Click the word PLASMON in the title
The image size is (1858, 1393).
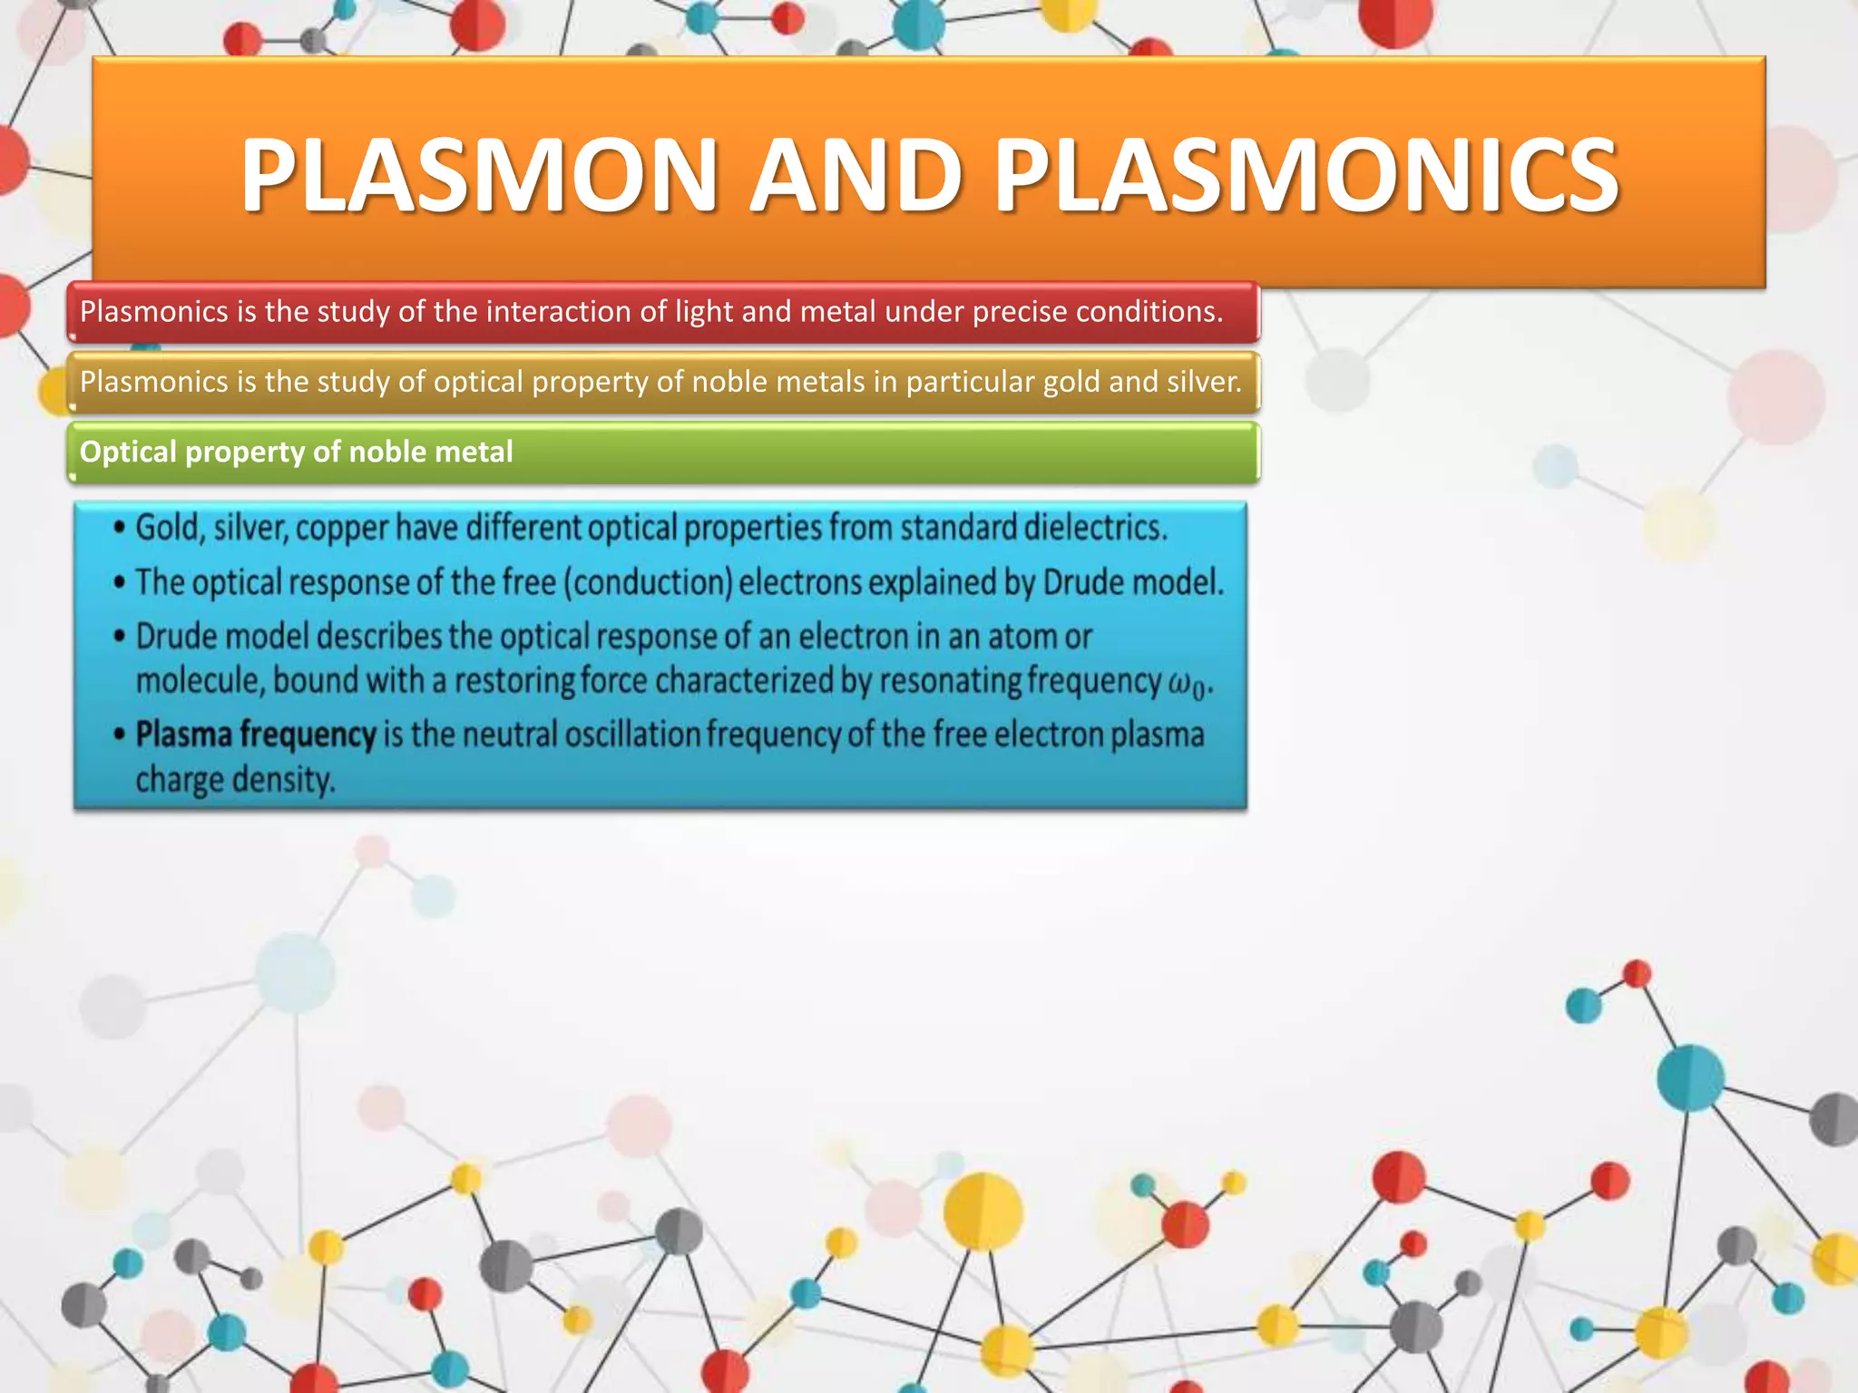coord(479,174)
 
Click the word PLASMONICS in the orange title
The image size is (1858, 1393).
coord(1306,174)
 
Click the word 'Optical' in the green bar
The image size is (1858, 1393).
coord(128,452)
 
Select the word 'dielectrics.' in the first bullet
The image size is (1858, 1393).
coord(1096,527)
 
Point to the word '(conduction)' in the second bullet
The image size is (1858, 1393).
coord(648,582)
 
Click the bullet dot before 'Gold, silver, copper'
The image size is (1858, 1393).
coord(119,528)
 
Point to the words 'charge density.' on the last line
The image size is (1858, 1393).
coord(236,780)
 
